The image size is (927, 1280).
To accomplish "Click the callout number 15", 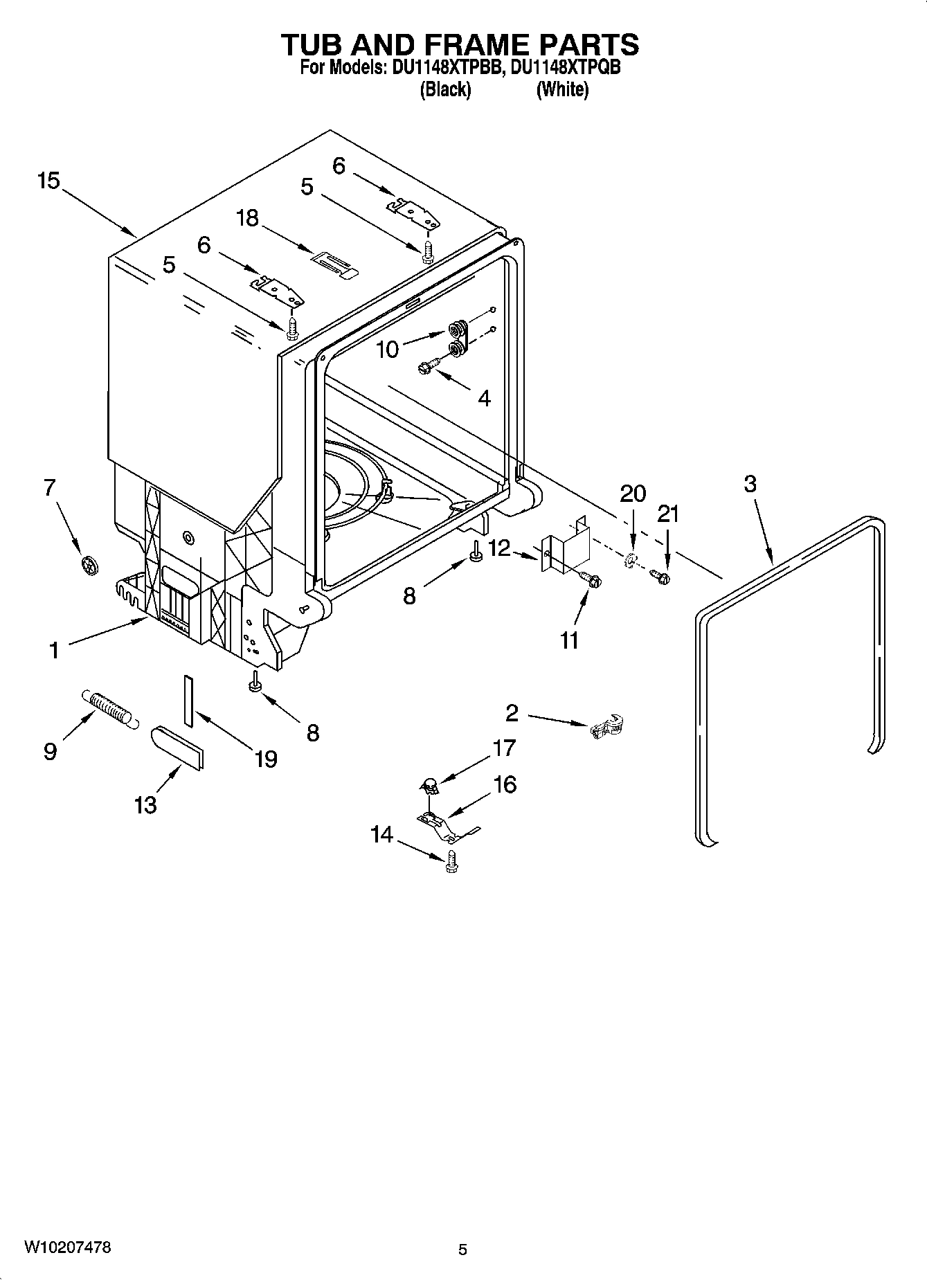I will coord(48,181).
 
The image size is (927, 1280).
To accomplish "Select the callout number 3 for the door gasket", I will coord(750,484).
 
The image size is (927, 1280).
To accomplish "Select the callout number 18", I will coord(246,218).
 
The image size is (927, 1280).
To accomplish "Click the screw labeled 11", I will coord(591,580).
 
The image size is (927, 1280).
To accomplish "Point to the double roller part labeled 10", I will coord(457,339).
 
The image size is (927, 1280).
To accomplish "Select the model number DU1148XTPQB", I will coord(565,68).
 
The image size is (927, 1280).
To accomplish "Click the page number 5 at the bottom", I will coord(462,1250).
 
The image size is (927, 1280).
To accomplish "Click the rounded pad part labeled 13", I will coord(178,747).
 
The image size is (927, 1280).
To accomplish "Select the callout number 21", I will coord(668,514).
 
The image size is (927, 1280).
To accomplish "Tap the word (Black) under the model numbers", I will coord(445,89).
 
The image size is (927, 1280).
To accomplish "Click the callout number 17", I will coord(504,748).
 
